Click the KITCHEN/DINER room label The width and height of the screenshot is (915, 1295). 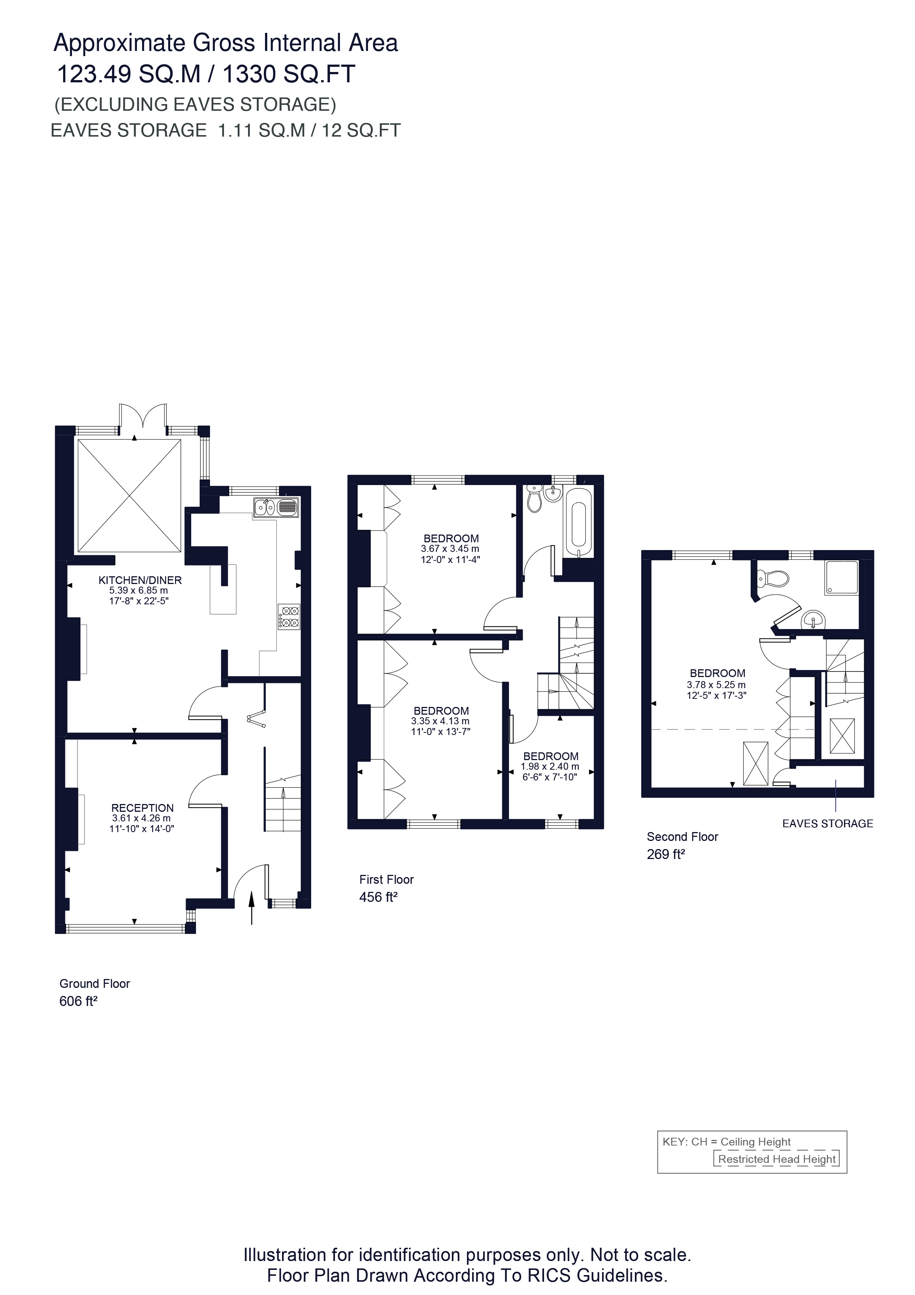click(x=140, y=580)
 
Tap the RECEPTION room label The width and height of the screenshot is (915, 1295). click(x=142, y=808)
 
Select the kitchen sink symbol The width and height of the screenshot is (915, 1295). click(x=276, y=507)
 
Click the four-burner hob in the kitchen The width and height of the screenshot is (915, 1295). click(x=289, y=616)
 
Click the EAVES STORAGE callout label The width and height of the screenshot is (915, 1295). click(x=827, y=824)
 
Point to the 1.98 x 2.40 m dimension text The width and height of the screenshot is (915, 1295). click(x=550, y=766)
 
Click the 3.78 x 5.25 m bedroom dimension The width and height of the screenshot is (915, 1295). click(x=716, y=684)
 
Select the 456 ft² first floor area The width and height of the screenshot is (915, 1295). click(x=378, y=897)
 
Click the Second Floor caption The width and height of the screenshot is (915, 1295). click(x=682, y=837)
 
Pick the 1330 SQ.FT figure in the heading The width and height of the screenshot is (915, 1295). click(x=289, y=74)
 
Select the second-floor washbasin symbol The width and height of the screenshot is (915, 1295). click(x=813, y=620)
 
